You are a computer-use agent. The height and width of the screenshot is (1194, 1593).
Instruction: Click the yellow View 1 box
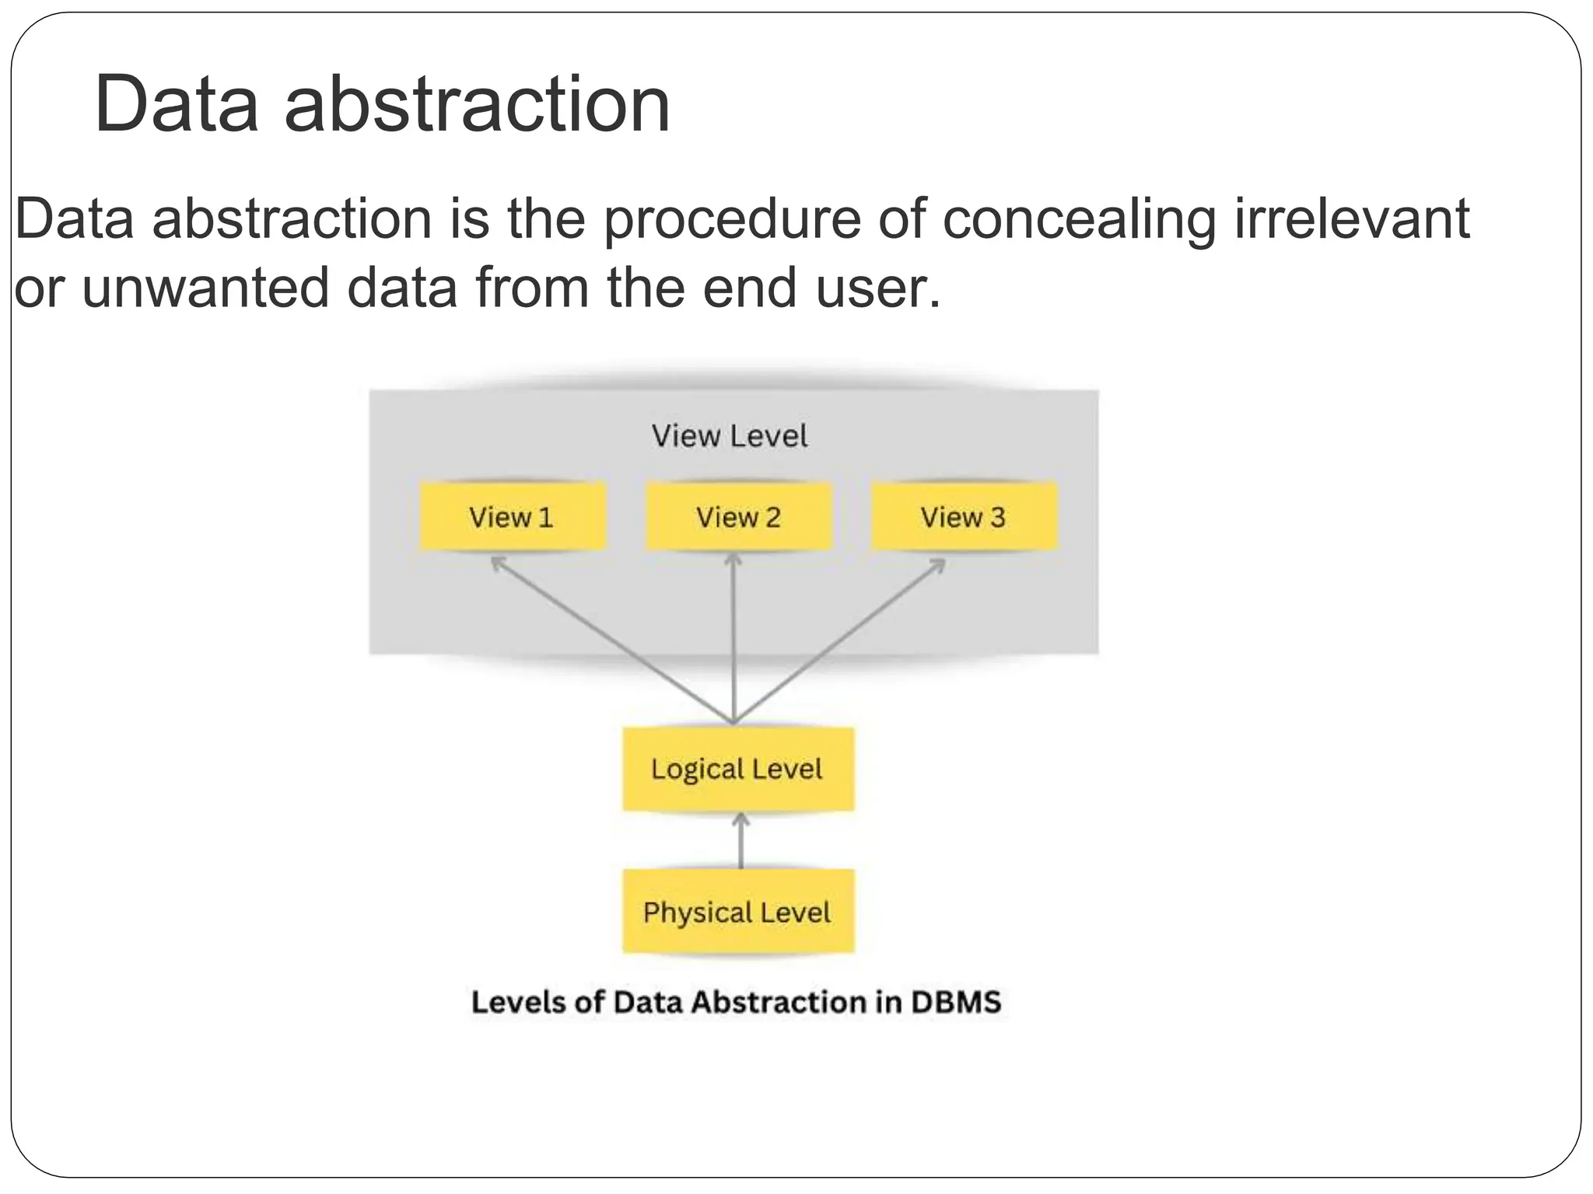pos(512,517)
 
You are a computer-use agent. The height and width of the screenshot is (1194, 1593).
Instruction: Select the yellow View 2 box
pos(738,517)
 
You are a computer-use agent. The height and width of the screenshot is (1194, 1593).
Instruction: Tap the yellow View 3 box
pos(964,517)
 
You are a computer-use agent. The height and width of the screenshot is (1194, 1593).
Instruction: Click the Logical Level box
pos(737,770)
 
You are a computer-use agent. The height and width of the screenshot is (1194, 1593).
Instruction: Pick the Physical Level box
pos(737,912)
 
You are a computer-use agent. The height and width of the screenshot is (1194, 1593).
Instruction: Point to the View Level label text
pos(730,436)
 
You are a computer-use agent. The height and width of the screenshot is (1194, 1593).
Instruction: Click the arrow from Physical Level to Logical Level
pos(740,841)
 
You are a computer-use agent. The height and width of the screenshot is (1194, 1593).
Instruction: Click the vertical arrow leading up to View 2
pos(733,637)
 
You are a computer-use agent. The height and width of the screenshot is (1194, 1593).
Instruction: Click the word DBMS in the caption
pos(956,1002)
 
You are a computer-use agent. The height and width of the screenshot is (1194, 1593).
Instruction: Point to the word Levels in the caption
pos(519,1002)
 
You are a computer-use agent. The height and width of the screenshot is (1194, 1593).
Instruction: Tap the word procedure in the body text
pos(732,220)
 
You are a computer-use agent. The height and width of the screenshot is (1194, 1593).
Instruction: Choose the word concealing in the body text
pos(1080,220)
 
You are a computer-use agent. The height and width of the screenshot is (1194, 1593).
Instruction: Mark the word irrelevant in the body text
pos(1353,218)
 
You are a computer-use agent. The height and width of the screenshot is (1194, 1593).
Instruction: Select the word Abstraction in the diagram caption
pos(779,1002)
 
